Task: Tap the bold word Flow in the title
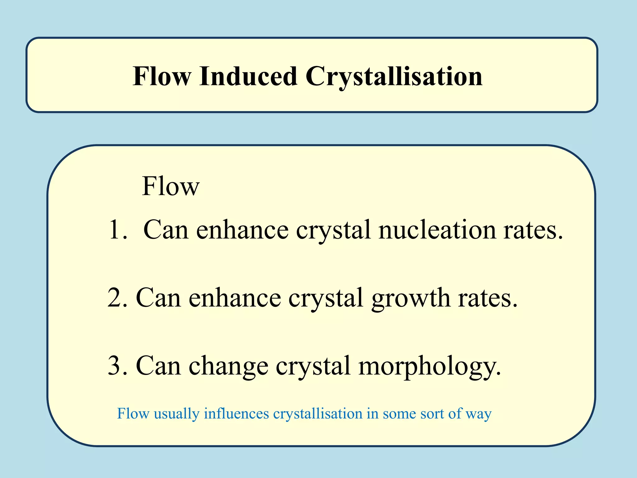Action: point(162,76)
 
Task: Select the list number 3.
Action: point(117,366)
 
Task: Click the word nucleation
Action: point(437,230)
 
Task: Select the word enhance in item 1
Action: point(242,230)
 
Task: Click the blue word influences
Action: point(236,414)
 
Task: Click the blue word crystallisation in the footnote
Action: point(318,414)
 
